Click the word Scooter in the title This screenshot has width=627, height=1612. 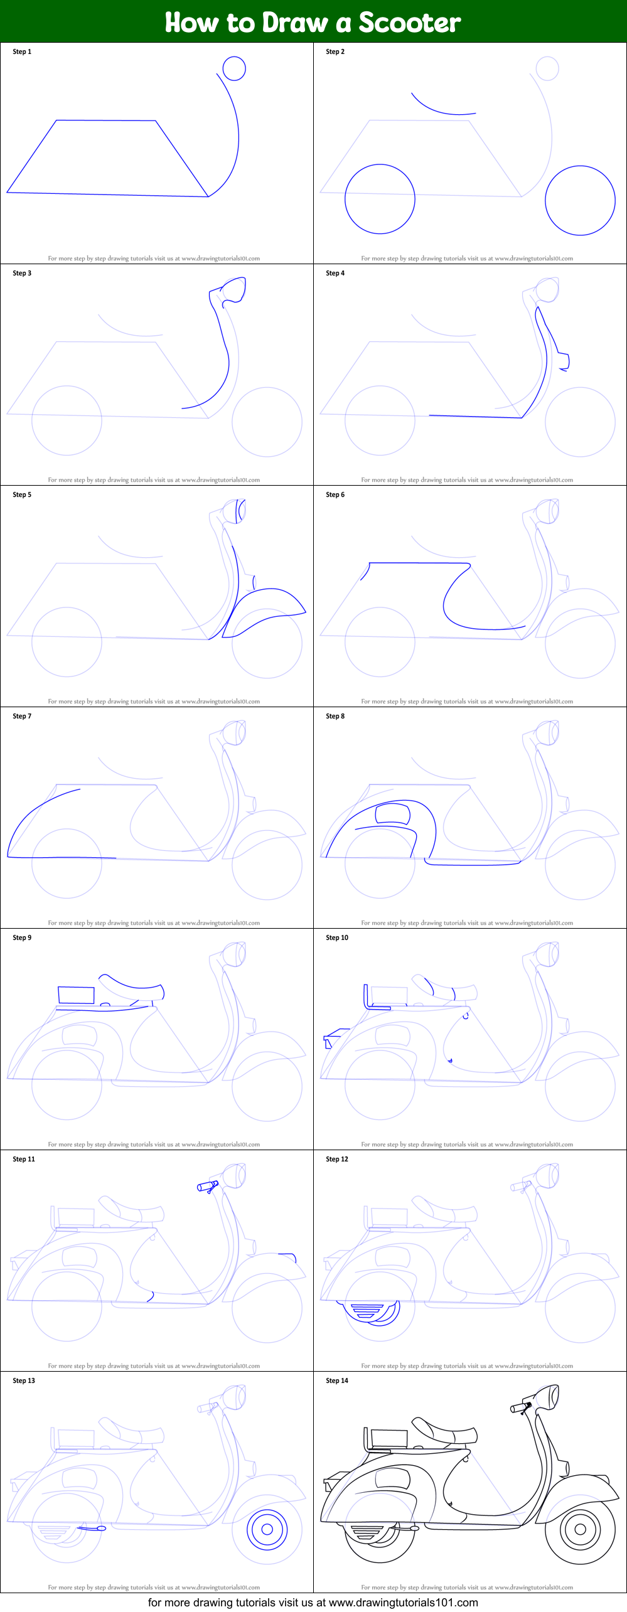tap(409, 23)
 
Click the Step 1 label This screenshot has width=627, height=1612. tap(22, 51)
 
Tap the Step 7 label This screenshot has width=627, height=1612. tap(22, 716)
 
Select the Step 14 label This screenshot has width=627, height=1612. tap(337, 1380)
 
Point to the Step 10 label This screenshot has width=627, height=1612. tap(337, 937)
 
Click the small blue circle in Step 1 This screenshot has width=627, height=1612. tap(234, 68)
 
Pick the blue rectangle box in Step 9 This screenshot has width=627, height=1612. tap(76, 995)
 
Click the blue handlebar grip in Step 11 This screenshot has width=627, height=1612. tap(206, 1187)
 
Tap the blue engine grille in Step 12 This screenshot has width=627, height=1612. tap(368, 1310)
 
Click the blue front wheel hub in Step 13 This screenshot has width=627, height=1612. tap(267, 1529)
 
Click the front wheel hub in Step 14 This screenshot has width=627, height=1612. tap(580, 1529)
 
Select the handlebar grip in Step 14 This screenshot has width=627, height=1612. tap(520, 1408)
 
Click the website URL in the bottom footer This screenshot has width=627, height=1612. tap(403, 1602)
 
